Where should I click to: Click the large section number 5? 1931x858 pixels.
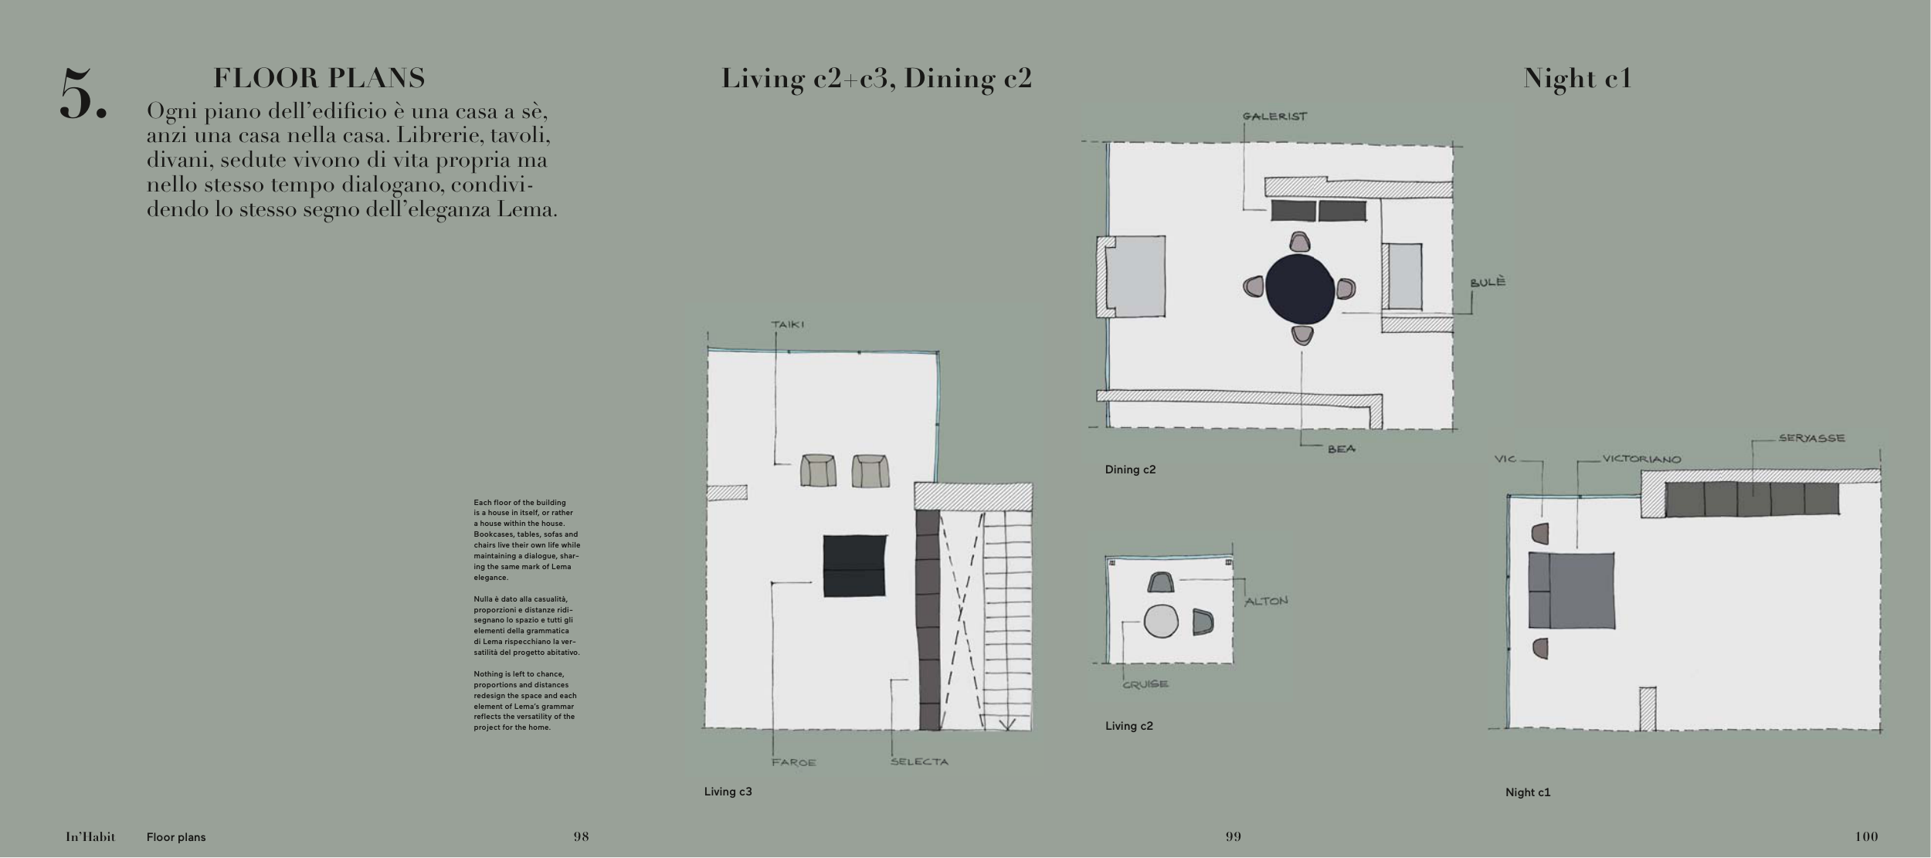pos(83,94)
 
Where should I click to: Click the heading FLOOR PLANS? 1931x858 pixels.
pos(319,78)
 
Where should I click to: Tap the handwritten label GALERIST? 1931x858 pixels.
pos(1274,117)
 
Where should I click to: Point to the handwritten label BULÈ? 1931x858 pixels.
pos(1488,282)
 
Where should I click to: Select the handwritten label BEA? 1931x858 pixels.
pos(1341,449)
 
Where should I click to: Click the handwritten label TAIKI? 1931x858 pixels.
pos(787,324)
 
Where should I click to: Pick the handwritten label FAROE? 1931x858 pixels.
pos(793,762)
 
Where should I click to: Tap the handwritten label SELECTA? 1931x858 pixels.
pos(919,761)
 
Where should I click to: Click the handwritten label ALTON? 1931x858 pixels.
pos(1266,600)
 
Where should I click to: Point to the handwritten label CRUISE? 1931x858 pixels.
pos(1145,683)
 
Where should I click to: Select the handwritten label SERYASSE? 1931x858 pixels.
pos(1811,438)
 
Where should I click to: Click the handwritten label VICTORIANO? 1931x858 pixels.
pos(1641,459)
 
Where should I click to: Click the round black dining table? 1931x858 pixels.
pos(1299,289)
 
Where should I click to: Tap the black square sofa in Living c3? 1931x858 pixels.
pos(854,566)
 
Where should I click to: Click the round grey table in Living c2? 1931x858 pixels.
pos(1161,621)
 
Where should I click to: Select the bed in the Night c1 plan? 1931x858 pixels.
pos(1571,590)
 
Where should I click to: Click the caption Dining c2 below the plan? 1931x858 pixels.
pos(1130,470)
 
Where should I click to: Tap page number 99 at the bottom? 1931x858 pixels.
pos(1233,836)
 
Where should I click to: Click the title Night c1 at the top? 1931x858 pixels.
pos(1577,78)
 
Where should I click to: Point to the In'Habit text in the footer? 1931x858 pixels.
pos(90,836)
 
